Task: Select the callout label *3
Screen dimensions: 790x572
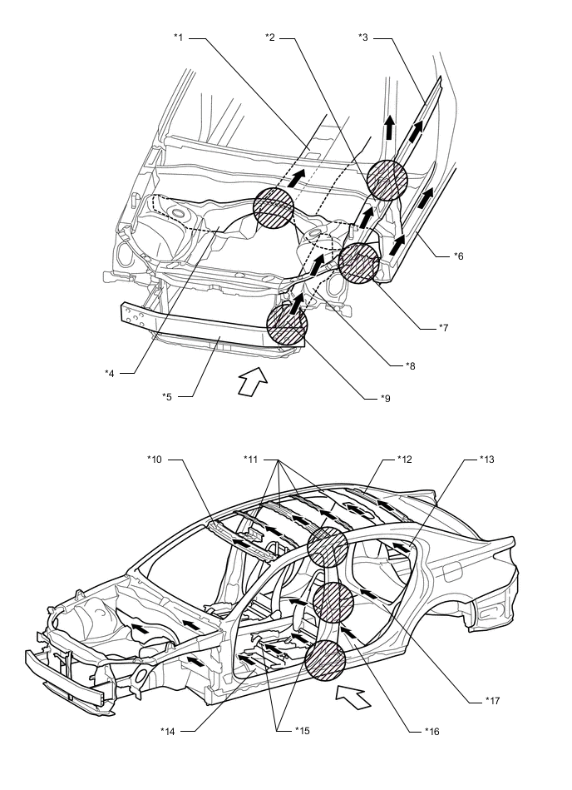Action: tap(364, 37)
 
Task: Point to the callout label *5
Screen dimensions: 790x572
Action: tap(167, 395)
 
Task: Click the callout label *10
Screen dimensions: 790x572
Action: tap(156, 459)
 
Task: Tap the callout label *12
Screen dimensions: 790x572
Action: tap(404, 459)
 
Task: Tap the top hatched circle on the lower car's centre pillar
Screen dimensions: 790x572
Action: tap(326, 547)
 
